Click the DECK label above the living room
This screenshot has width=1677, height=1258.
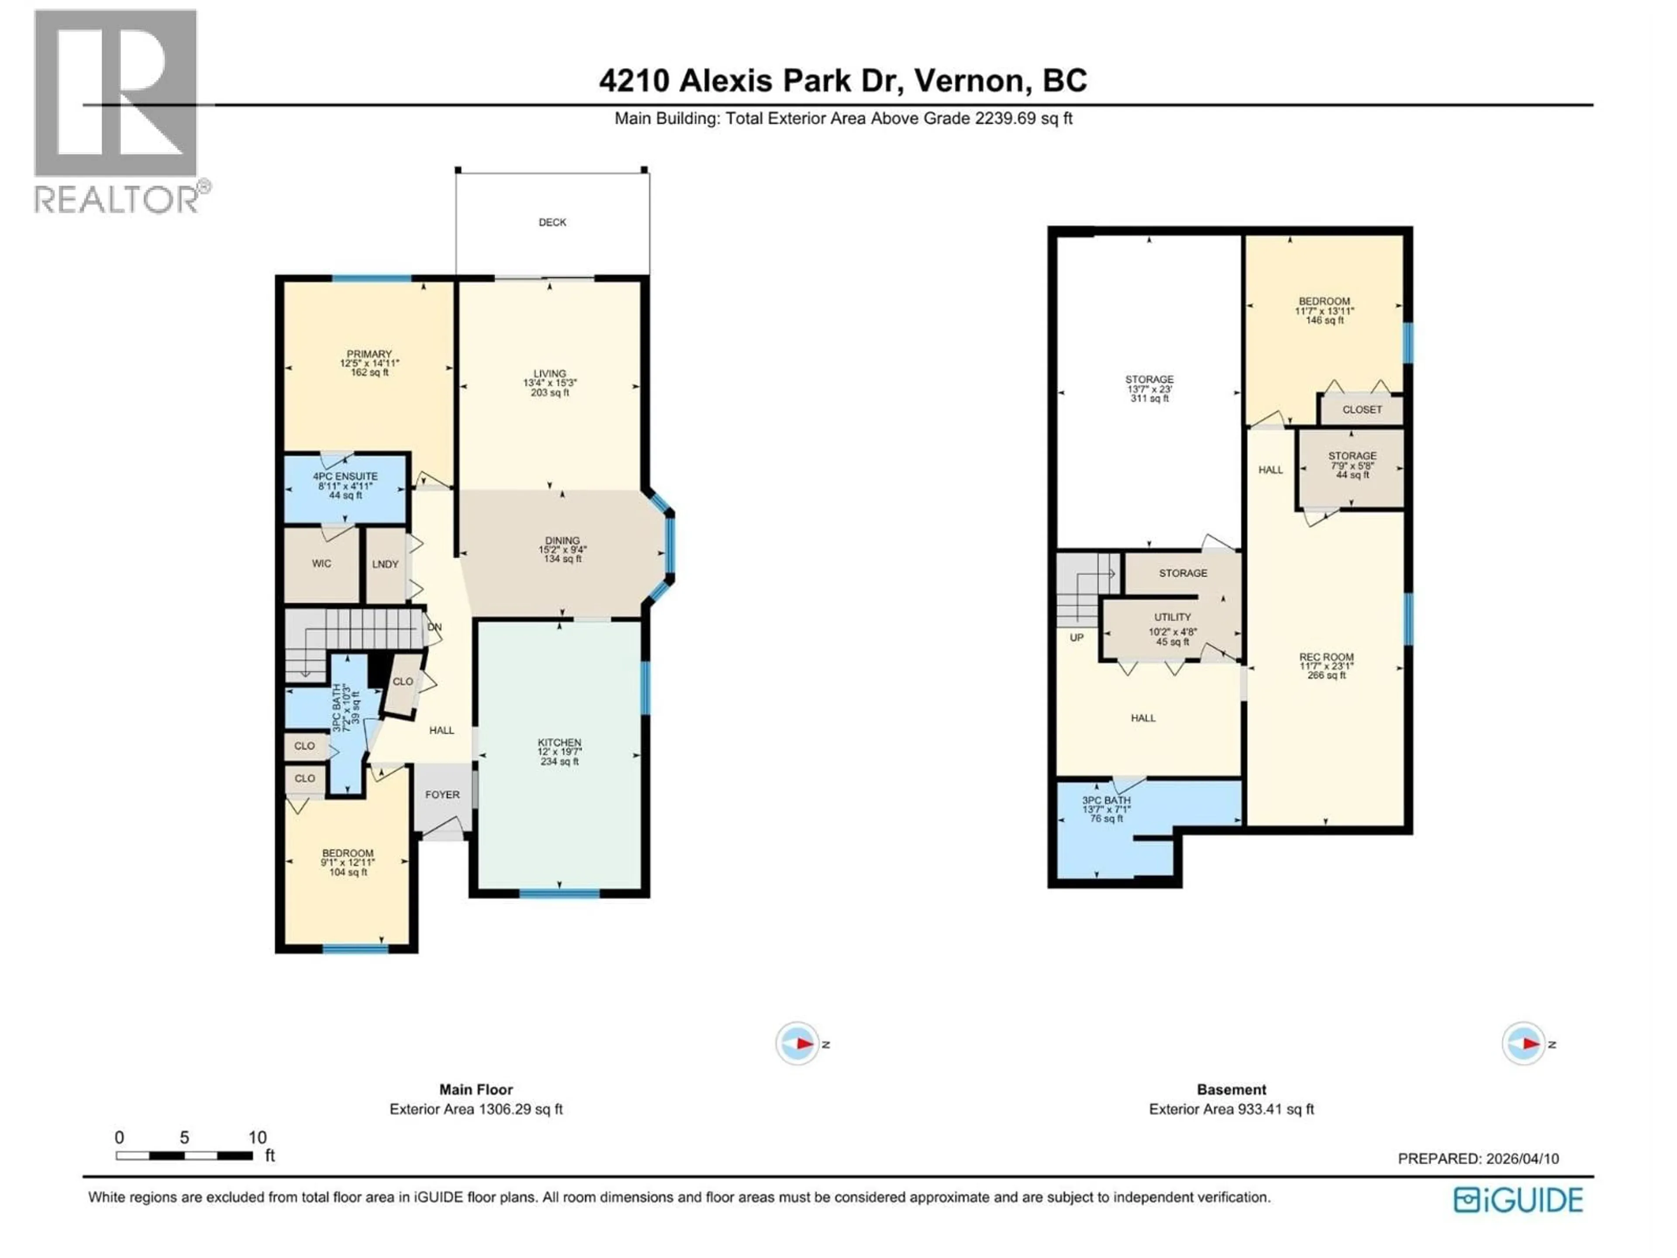(x=552, y=222)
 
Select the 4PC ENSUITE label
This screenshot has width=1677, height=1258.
(x=346, y=476)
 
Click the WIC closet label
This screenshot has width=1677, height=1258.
(x=321, y=563)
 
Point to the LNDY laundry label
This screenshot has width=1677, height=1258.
(x=385, y=564)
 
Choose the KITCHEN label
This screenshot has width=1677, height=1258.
(x=559, y=743)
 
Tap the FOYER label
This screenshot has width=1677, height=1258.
(x=442, y=795)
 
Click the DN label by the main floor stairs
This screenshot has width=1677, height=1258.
(x=435, y=627)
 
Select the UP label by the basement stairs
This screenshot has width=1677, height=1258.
(x=1077, y=638)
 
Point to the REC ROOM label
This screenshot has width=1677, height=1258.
(x=1326, y=657)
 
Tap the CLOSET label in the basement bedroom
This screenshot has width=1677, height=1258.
(x=1363, y=409)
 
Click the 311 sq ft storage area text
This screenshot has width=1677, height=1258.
(x=1149, y=398)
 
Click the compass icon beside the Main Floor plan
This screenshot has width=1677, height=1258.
(x=797, y=1044)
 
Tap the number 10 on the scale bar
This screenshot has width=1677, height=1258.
(x=258, y=1137)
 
